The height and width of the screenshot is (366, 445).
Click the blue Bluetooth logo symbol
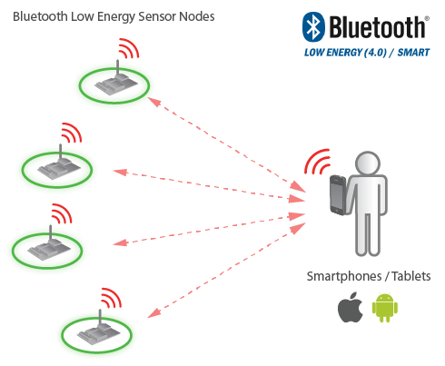[x=313, y=27]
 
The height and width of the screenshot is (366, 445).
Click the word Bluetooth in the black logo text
[x=377, y=27]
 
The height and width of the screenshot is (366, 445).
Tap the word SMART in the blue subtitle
[x=413, y=53]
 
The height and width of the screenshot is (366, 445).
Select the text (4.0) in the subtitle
[x=375, y=53]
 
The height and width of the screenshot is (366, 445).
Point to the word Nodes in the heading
[x=197, y=16]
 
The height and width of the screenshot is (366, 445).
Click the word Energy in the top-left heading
[x=116, y=17]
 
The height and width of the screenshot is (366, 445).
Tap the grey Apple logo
[x=351, y=307]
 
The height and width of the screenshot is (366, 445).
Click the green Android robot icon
[x=385, y=307]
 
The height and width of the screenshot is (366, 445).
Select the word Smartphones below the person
[x=344, y=276]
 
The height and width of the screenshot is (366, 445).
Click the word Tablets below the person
[x=411, y=276]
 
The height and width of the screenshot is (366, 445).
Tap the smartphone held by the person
[x=339, y=195]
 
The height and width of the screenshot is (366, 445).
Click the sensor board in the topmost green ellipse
[x=116, y=83]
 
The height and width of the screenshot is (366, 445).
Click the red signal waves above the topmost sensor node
[x=129, y=48]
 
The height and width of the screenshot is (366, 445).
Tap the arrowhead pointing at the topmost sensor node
[x=153, y=102]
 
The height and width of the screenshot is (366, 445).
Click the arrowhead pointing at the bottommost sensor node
[x=153, y=313]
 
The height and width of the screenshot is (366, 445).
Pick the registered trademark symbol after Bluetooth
[x=427, y=18]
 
